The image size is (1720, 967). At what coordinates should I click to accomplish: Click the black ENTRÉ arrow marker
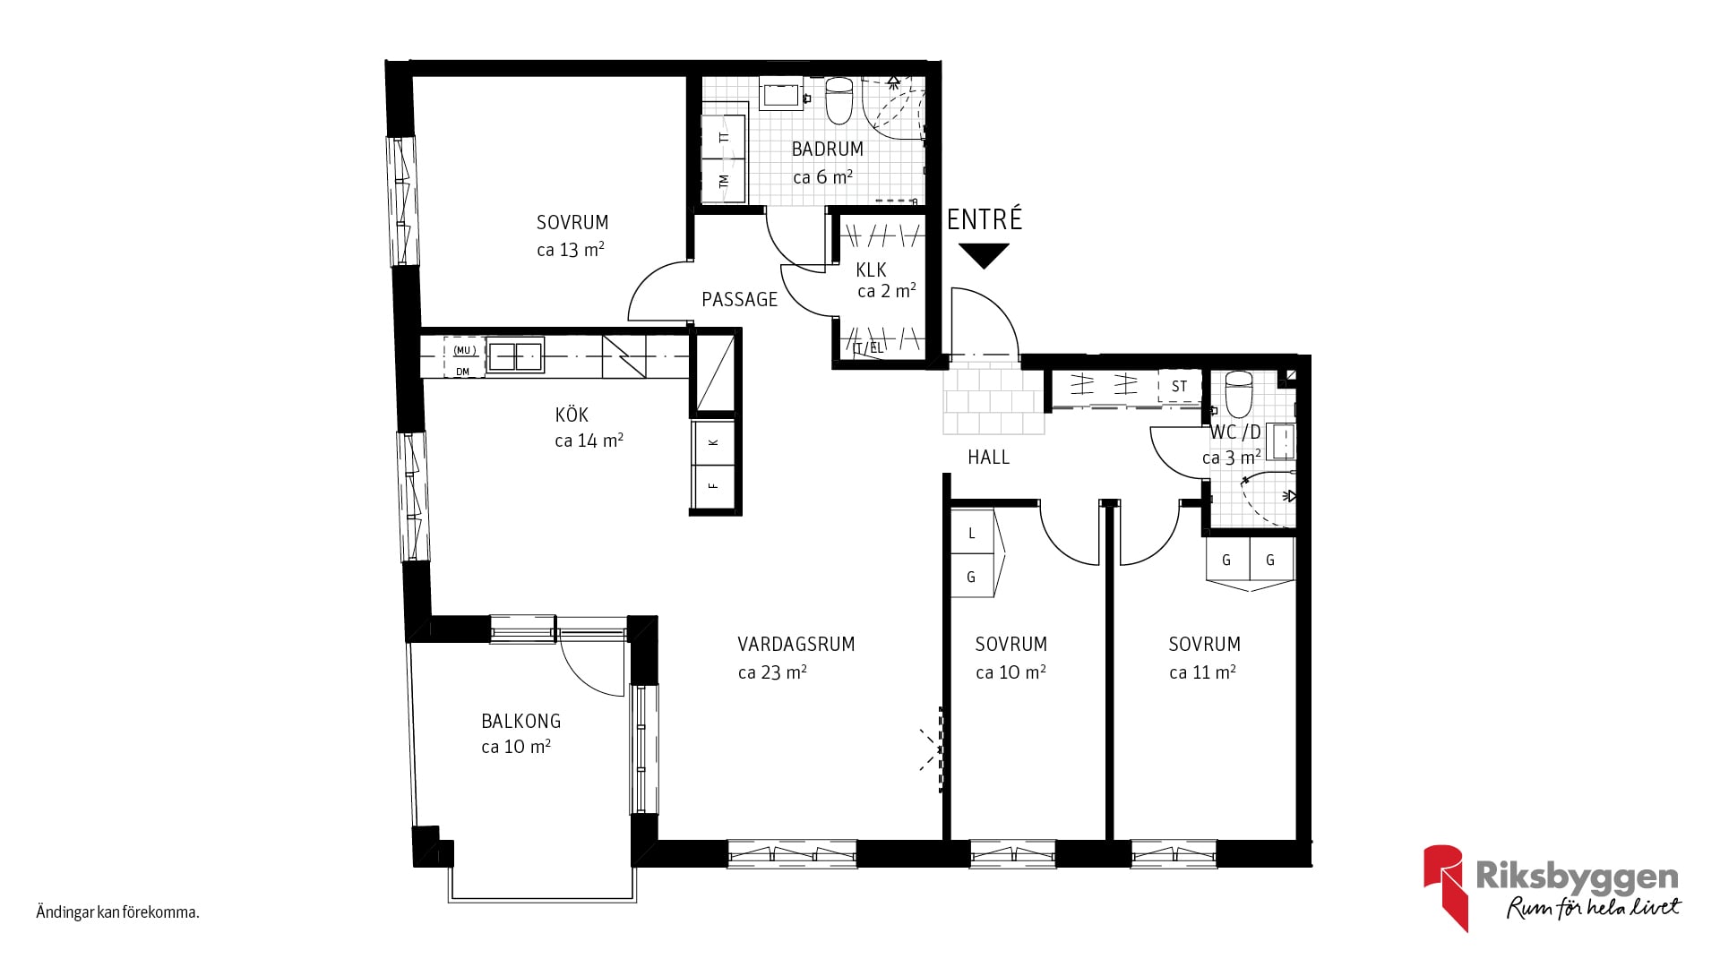coord(983,256)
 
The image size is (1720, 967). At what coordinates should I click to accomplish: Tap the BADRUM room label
coord(827,149)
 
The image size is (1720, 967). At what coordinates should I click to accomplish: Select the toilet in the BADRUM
coord(839,100)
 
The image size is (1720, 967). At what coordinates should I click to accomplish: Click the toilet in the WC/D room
coord(1238,394)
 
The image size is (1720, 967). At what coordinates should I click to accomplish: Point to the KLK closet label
coord(871,270)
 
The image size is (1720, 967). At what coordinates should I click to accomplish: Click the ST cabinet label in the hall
coord(1179,386)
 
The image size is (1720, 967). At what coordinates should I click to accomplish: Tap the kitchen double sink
coord(515,355)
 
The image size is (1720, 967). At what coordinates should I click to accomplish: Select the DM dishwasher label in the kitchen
coord(462,372)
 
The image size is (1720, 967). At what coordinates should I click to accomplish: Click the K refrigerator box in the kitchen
coord(714,442)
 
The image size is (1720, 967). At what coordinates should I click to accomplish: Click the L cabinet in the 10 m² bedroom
coord(972,533)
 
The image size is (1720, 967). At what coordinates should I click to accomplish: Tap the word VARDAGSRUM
coord(796,644)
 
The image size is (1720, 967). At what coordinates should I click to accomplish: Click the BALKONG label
coord(520,721)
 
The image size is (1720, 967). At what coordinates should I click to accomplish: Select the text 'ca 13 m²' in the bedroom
coord(571,250)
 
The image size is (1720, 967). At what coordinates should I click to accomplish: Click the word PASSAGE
coord(740,299)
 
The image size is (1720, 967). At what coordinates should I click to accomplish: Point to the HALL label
coord(988,457)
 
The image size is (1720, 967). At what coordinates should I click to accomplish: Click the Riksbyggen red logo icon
coord(1445,886)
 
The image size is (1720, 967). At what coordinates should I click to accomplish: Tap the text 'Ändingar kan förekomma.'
coord(117,913)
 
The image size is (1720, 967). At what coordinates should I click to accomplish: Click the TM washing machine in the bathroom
coord(724,180)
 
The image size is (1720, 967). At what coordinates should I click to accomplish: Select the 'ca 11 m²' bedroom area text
coord(1202,672)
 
